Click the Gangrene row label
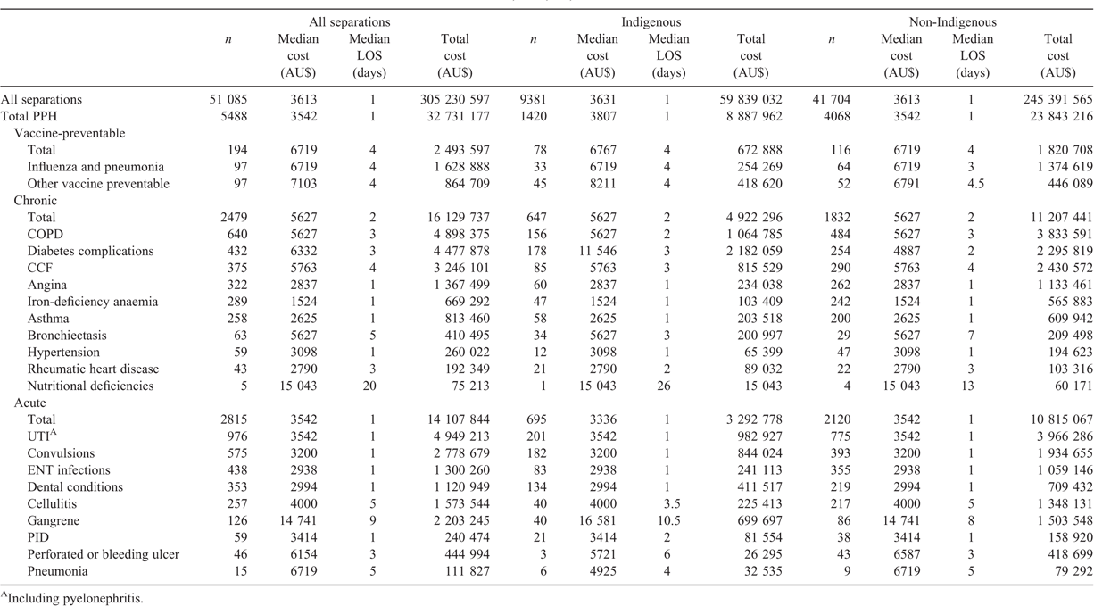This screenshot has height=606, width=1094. tap(54, 520)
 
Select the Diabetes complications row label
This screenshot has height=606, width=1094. tap(90, 251)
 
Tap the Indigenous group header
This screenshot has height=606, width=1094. tap(651, 22)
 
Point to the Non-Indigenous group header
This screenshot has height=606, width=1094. tap(952, 22)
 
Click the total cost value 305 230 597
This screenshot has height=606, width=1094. tap(455, 100)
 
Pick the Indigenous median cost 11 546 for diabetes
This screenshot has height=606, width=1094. tap(597, 251)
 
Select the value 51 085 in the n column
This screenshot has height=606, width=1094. tap(228, 100)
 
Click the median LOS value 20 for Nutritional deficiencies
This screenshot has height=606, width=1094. tap(369, 386)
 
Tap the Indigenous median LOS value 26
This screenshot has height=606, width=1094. tap(663, 386)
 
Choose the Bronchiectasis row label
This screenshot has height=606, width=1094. tap(67, 336)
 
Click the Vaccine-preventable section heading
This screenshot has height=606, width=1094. tap(70, 133)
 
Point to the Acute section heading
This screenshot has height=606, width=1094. tap(29, 403)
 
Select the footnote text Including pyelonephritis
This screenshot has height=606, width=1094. tap(72, 598)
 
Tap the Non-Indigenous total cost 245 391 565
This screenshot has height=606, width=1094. tap(1057, 100)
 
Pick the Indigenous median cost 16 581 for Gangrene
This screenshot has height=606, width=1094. tap(597, 520)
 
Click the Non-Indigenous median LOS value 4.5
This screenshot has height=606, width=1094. tap(971, 184)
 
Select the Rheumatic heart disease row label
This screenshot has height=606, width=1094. tap(94, 369)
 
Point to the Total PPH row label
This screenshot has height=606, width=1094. tap(29, 116)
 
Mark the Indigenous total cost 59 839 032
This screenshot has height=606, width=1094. tap(750, 100)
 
